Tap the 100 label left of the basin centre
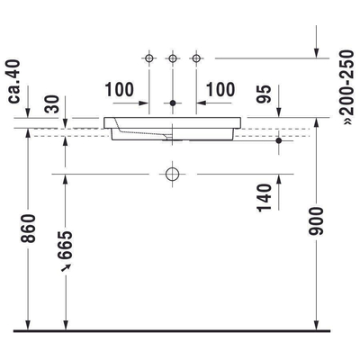[x=120, y=91]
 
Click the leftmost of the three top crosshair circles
[x=150, y=58]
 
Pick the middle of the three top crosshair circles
[x=172, y=58]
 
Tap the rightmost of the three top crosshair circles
[x=193, y=58]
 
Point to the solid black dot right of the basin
[x=279, y=141]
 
